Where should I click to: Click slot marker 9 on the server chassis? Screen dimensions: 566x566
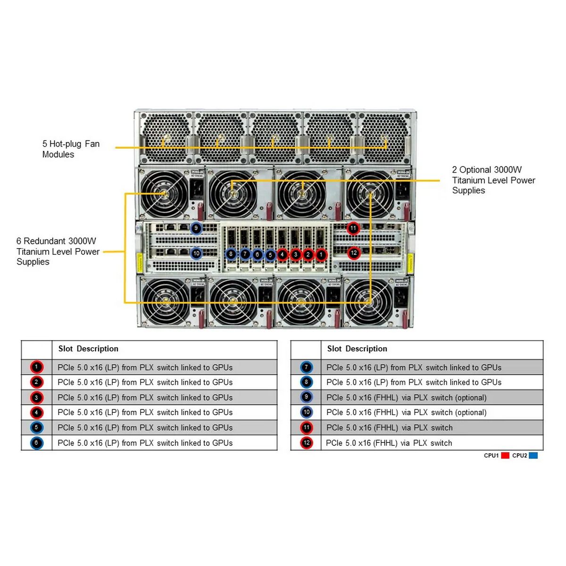pos(196,228)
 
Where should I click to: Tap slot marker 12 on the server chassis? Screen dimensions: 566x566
pos(354,253)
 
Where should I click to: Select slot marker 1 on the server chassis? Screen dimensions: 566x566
pos(321,255)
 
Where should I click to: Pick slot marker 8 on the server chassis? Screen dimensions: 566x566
pos(231,254)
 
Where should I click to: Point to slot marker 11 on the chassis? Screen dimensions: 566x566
pos(353,228)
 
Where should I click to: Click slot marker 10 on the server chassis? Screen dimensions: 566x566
pos(196,253)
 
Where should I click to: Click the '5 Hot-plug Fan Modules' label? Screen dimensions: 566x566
pos(71,149)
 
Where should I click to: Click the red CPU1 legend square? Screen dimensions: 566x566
pos(505,456)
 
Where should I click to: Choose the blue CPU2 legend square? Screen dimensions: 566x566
pos(533,456)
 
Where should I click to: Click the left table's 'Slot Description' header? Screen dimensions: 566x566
pos(88,349)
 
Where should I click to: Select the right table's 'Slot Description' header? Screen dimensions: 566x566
pos(357,349)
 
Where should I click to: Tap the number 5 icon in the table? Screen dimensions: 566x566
pos(36,428)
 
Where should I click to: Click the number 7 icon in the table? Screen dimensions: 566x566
pos(306,367)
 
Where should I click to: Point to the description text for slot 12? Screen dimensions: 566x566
pos(389,443)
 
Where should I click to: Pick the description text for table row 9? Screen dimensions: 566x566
pos(406,398)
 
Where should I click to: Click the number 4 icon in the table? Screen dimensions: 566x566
pos(36,413)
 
